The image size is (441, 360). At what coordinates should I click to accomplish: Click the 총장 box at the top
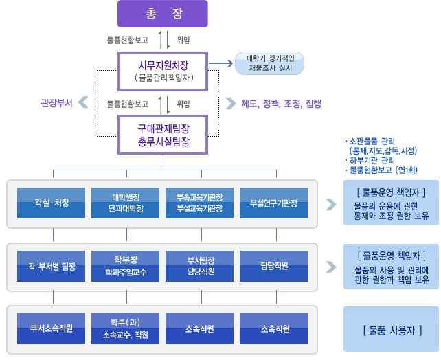point(162,14)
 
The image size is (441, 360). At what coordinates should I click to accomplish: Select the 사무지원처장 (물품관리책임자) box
point(163,71)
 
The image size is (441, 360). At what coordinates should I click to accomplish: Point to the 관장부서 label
point(56,104)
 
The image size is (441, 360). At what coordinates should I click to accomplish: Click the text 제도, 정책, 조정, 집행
point(281,104)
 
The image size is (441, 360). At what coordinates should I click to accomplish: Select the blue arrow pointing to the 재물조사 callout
point(220,63)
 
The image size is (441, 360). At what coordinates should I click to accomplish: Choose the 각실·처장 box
point(52,203)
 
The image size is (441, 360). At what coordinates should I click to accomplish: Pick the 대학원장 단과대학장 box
point(126,203)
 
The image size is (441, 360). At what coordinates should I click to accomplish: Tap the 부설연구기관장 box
point(274,203)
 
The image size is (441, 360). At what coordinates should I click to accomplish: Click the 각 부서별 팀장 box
point(52,265)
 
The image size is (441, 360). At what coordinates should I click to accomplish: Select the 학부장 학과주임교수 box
point(126,265)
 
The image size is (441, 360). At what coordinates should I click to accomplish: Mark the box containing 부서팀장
point(201,265)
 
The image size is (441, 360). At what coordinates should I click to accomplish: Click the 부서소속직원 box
point(52,329)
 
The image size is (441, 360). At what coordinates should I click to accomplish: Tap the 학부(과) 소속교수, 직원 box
point(126,329)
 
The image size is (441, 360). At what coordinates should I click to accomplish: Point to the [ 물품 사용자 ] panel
point(391,329)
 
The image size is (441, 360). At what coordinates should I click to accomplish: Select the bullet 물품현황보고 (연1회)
point(382,170)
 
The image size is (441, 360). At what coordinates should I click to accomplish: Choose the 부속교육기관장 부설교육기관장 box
point(201,203)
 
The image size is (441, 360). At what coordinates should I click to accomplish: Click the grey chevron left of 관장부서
point(83,104)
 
